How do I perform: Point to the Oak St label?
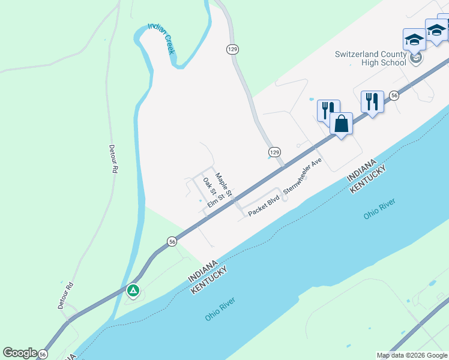click(209, 187)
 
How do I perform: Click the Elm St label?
click(220, 200)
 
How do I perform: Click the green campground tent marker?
click(133, 292)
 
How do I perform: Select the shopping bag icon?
click(341, 124)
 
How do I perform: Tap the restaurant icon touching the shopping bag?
click(328, 110)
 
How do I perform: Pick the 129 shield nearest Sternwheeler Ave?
click(274, 152)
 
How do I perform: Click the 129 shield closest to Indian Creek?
click(233, 49)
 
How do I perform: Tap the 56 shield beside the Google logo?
click(43, 355)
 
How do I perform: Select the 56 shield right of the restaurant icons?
click(394, 95)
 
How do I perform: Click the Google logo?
click(20, 353)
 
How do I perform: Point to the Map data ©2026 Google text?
click(411, 355)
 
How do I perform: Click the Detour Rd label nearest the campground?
click(66, 295)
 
